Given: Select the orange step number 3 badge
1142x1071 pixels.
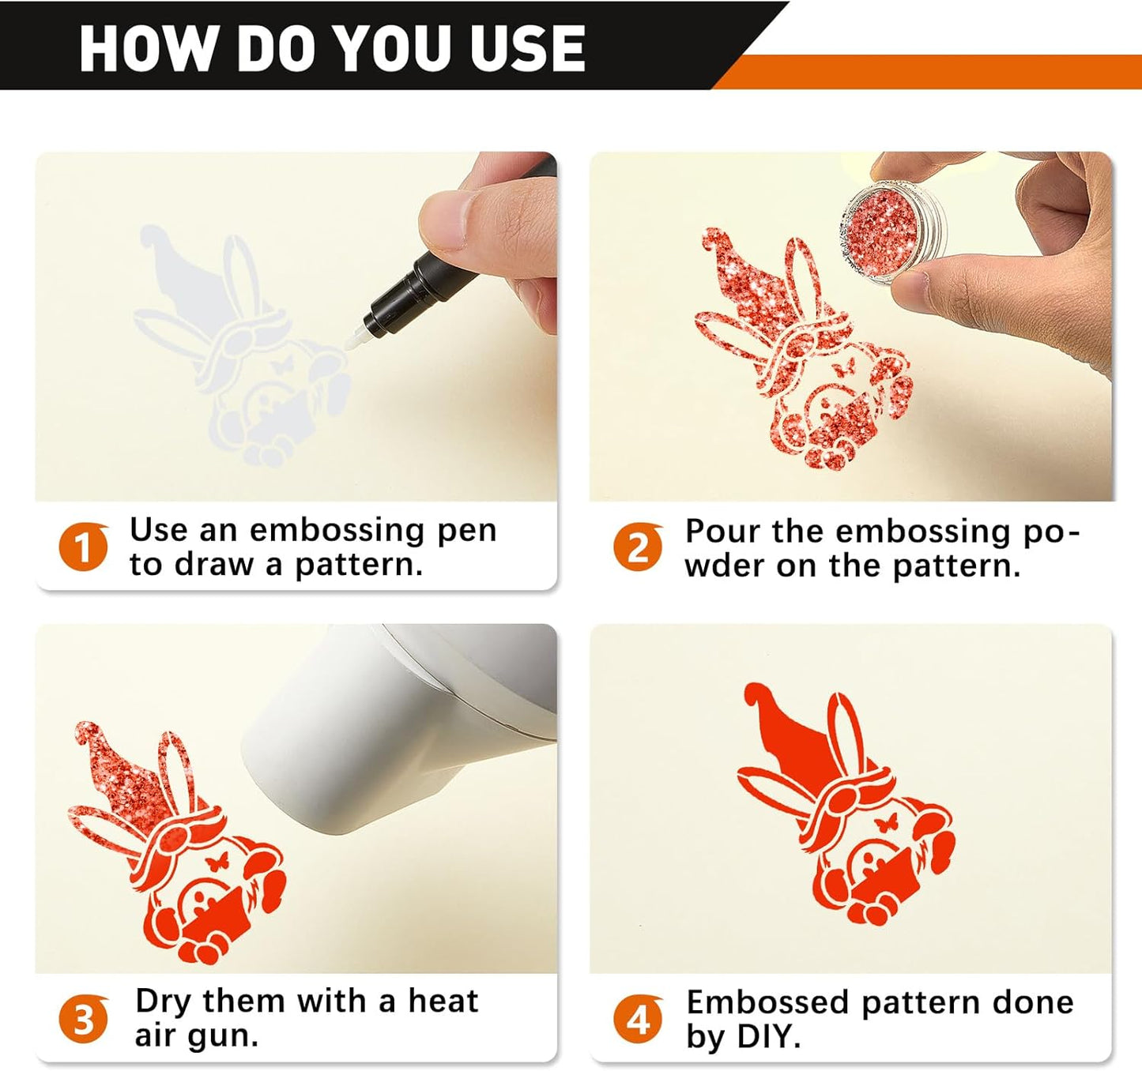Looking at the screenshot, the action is pos(84,1019).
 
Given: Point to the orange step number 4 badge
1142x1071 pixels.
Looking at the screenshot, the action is pos(639,1020).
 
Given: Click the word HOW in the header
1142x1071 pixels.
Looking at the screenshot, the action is pos(146,48).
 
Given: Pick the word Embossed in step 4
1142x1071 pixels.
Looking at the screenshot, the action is pos(767,1002).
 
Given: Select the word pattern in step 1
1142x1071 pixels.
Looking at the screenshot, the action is pos(359,566).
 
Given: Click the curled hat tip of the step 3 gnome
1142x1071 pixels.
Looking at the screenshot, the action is pos(88,733).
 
